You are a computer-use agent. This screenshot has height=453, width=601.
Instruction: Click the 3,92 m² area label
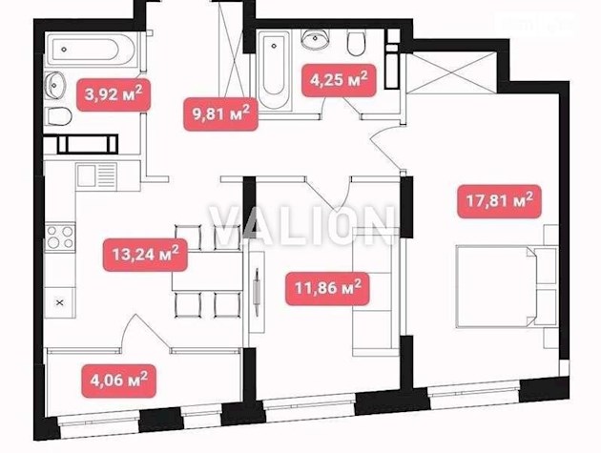[111, 93]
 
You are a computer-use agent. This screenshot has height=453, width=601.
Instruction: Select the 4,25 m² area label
[335, 79]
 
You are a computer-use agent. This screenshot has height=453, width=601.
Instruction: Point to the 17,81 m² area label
[497, 201]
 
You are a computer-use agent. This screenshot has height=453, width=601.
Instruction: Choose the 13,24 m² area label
[144, 256]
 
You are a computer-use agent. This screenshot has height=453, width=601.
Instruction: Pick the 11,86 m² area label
[326, 285]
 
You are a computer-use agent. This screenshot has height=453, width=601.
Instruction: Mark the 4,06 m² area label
[116, 381]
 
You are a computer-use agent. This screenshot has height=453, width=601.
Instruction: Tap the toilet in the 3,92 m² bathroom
[59, 118]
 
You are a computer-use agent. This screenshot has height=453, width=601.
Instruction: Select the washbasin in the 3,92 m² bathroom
[56, 84]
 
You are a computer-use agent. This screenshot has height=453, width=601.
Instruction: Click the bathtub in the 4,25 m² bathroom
[274, 68]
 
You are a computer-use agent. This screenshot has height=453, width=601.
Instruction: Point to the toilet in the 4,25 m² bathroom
[357, 44]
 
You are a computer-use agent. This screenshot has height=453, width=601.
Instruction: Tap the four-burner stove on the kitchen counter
[60, 236]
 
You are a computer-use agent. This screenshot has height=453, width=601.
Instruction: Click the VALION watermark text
[301, 226]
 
